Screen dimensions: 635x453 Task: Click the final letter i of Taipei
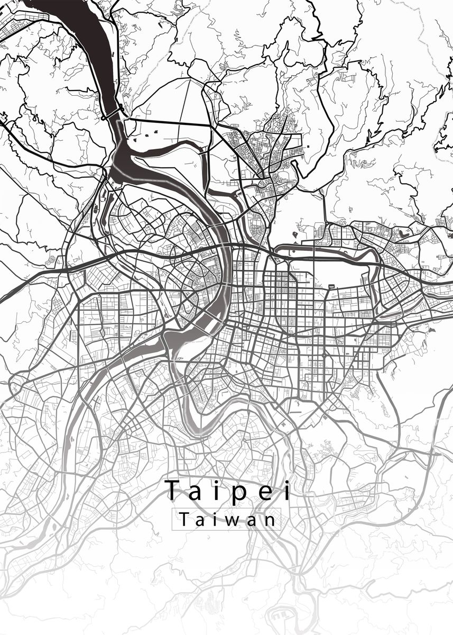286,490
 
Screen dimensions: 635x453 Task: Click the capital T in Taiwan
183,520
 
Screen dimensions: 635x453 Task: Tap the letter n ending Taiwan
270,521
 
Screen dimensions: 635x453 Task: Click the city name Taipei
228,491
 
